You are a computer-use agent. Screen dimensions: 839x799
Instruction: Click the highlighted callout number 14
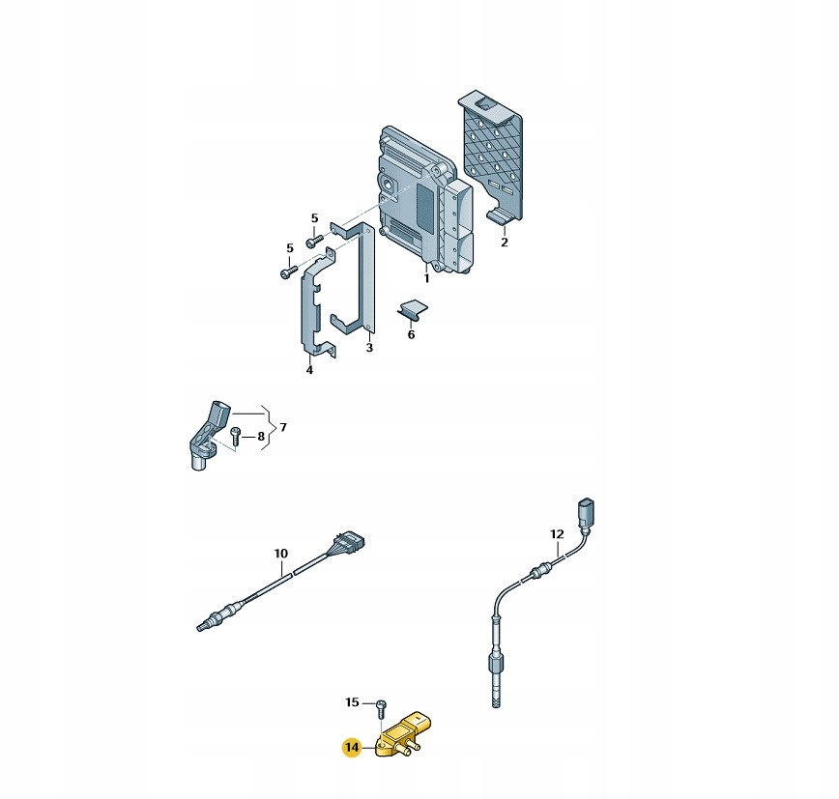(352, 747)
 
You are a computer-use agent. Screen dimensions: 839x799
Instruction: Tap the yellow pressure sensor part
(404, 734)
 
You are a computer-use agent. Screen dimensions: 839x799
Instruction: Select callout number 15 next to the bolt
(352, 702)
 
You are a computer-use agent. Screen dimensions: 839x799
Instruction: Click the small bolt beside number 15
(381, 708)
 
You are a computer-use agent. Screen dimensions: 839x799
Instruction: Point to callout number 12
(557, 534)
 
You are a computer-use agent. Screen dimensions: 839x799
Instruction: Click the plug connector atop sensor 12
(587, 513)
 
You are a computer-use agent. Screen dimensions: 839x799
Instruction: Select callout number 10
(281, 554)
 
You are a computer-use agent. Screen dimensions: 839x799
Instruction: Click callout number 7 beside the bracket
(283, 427)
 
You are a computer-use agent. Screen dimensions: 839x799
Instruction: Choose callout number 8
(261, 437)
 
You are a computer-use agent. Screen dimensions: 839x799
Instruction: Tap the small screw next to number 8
(234, 436)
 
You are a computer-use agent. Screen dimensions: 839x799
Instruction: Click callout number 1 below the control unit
(426, 278)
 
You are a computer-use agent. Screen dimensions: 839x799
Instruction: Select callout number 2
(504, 243)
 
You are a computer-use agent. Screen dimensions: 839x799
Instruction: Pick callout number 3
(369, 348)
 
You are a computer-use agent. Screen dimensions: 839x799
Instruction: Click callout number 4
(309, 370)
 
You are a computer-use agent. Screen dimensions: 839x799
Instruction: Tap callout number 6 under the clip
(411, 335)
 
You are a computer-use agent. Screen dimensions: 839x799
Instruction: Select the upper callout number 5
(315, 218)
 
